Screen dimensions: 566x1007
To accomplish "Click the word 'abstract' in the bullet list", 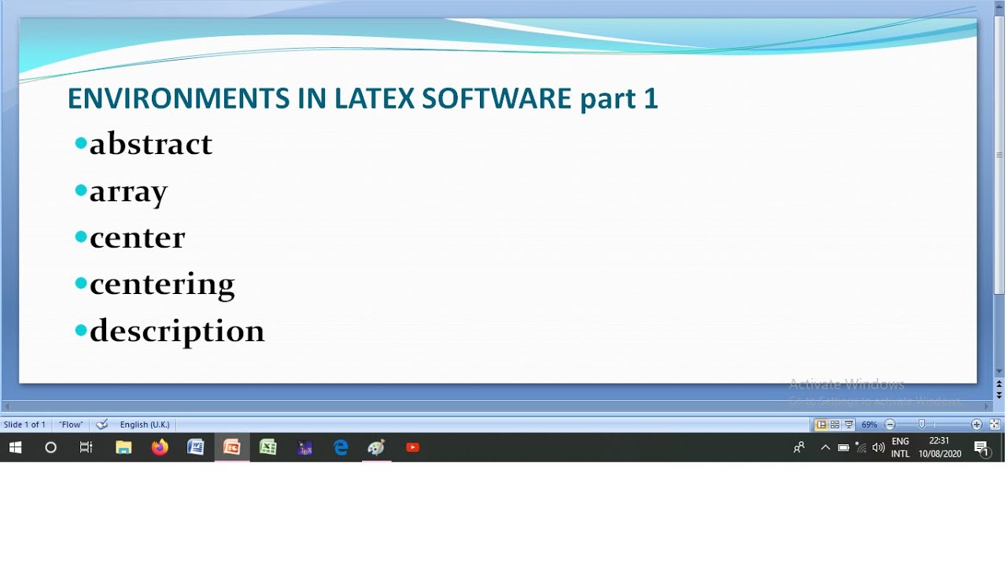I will click(x=150, y=144).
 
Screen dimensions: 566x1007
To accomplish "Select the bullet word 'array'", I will click(x=128, y=191).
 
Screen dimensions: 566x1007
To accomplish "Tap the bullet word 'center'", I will click(x=137, y=237).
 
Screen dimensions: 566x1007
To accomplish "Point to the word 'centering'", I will click(x=162, y=284).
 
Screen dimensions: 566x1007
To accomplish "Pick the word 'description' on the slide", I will click(x=177, y=331).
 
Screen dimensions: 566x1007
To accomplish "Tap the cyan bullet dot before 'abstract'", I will click(x=80, y=143).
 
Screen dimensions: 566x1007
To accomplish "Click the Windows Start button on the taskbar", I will click(x=15, y=447).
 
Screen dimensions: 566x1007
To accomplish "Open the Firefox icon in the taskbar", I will click(x=160, y=447).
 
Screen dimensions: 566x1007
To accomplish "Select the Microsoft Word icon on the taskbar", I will click(x=196, y=447).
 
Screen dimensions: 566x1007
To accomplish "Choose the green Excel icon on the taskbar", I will click(x=268, y=447).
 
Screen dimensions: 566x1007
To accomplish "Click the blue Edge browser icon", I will click(x=341, y=447).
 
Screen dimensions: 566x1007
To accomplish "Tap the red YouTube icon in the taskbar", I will click(x=413, y=447).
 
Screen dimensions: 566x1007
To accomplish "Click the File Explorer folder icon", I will click(x=124, y=447).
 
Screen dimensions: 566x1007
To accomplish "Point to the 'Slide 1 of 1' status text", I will click(x=24, y=424).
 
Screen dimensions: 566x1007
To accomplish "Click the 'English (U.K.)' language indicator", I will click(x=145, y=424).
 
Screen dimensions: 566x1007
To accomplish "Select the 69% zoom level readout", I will click(x=869, y=424).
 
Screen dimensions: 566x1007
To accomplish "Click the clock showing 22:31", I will click(x=939, y=442).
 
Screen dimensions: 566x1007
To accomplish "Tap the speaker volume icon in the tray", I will click(x=879, y=448).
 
